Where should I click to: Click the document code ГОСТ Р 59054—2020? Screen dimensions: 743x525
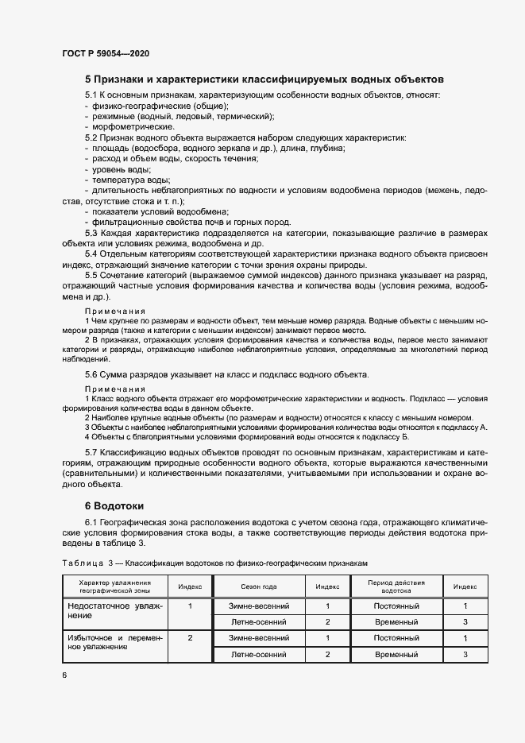coord(106,53)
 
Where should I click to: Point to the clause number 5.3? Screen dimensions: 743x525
coord(92,232)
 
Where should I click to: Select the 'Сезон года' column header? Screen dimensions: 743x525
coord(259,586)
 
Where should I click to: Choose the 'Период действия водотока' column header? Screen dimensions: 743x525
coord(396,586)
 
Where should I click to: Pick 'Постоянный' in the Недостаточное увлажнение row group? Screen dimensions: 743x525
coord(396,606)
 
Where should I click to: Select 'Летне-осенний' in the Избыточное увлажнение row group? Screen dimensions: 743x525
coord(259,654)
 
